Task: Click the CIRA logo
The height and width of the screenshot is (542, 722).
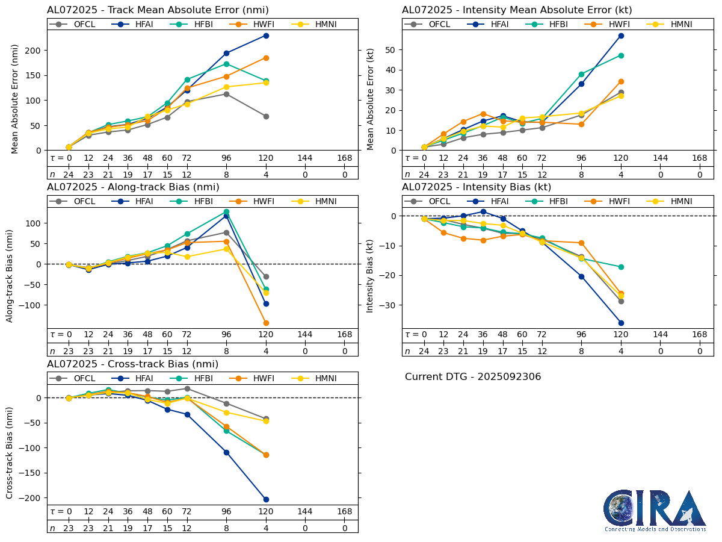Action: tap(655, 511)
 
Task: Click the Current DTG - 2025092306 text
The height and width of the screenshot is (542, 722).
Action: tap(473, 377)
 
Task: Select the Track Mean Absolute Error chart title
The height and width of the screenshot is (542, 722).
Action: tap(158, 10)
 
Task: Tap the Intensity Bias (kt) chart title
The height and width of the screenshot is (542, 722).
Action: tap(477, 187)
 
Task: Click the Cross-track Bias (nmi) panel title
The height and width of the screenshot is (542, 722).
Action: tap(132, 364)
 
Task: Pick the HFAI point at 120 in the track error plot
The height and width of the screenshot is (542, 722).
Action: tap(266, 36)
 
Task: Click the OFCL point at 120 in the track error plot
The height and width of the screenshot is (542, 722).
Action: tap(266, 116)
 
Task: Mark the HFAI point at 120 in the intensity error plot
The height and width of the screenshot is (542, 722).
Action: tap(621, 36)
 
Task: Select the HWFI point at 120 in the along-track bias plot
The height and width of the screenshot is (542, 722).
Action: tap(266, 323)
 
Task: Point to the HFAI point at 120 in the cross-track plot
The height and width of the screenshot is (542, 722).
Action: tap(266, 499)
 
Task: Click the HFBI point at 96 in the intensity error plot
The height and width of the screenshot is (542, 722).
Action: tap(581, 74)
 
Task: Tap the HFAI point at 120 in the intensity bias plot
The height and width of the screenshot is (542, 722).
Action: tap(621, 323)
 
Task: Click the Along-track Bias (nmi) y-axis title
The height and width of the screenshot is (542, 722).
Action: tap(10, 275)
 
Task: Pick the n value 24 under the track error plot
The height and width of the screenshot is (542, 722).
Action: tap(69, 174)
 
